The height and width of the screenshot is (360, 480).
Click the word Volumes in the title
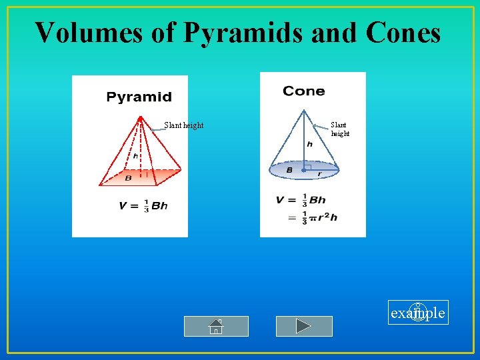point(88,32)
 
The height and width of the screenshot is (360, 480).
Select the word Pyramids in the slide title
point(223,32)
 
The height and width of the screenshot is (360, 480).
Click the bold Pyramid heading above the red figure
point(139,97)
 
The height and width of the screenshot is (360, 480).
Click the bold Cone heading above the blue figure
point(303,91)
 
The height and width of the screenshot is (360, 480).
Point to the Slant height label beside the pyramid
point(184,125)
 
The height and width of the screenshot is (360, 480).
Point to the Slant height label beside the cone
point(340,129)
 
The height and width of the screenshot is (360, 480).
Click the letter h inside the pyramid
point(135,156)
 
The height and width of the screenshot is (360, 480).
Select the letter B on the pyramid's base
point(128,178)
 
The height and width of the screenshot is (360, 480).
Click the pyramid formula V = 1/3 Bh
point(143,206)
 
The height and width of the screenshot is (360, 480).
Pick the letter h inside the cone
point(309,144)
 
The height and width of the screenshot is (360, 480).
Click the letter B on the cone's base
point(289,170)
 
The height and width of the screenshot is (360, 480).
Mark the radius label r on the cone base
point(319,173)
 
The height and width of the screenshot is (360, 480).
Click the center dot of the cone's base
point(303,170)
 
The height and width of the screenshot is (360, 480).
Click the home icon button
point(216,326)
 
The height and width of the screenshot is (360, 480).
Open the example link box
point(418,313)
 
